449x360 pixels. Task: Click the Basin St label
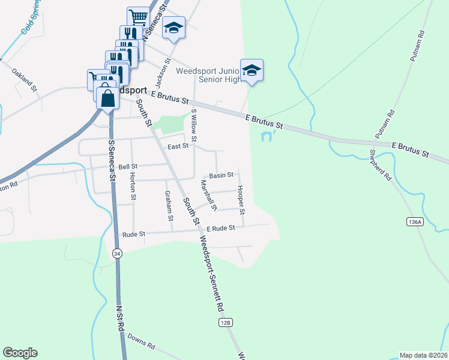coord(221,175)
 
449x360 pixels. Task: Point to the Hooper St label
coord(241,200)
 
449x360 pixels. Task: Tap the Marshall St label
coord(208,196)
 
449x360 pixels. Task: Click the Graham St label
coord(168,205)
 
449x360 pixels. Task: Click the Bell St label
coord(128,166)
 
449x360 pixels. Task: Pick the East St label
coord(178,146)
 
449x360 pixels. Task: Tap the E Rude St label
coord(220,228)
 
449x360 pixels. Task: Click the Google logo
coord(20,353)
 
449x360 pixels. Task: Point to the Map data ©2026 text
coord(423,355)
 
